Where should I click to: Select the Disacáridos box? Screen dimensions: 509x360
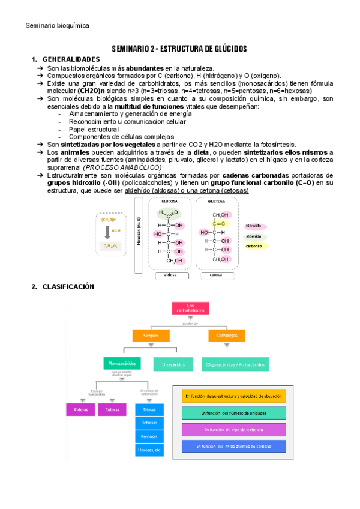[x=173, y=364]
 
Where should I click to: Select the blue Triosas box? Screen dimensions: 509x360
[x=149, y=409]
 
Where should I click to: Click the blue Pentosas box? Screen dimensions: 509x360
[x=149, y=436]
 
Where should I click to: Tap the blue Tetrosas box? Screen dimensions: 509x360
[x=149, y=423]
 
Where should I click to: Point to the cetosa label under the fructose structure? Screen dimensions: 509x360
[x=217, y=276]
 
